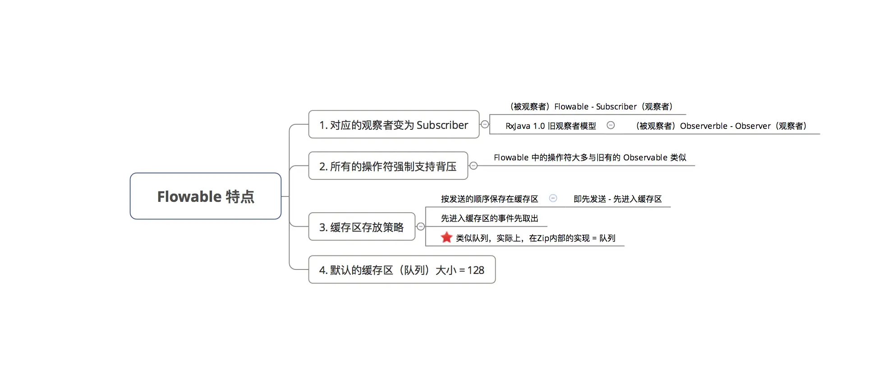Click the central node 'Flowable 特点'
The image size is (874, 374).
click(206, 196)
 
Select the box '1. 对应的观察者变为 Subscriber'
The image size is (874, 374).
click(393, 125)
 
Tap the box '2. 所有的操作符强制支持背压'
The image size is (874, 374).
click(388, 166)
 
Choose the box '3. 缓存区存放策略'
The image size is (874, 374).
click(361, 227)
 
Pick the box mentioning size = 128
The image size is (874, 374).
click(401, 270)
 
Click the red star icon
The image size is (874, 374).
click(446, 237)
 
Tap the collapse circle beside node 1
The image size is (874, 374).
click(485, 124)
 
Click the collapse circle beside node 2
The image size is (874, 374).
click(473, 166)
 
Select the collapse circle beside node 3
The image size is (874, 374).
click(420, 227)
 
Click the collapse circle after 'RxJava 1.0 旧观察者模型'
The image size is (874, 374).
click(611, 125)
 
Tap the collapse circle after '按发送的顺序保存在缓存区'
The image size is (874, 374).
click(553, 198)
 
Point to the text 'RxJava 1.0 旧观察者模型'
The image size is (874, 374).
click(551, 126)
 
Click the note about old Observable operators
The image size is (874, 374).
click(590, 158)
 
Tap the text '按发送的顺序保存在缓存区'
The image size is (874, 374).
click(489, 199)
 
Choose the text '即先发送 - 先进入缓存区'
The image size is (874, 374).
click(617, 199)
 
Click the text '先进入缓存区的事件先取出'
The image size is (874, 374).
click(489, 219)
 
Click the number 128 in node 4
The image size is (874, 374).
click(476, 270)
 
